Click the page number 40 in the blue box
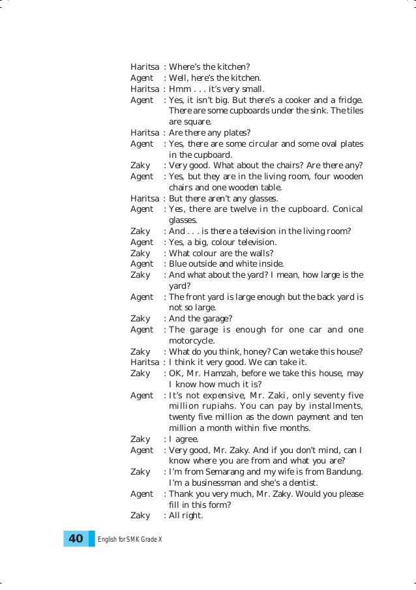pos(76,538)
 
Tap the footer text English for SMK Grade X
pos(129,539)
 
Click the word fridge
pos(348,100)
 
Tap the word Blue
pos(179,264)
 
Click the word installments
pos(331,407)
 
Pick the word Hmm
pos(179,89)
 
